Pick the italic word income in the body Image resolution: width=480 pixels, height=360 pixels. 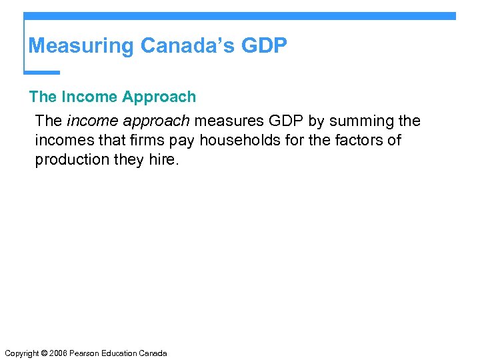tap(93, 121)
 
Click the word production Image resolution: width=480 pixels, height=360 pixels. tap(67, 160)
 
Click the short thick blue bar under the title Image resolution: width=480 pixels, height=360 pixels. tap(42, 72)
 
